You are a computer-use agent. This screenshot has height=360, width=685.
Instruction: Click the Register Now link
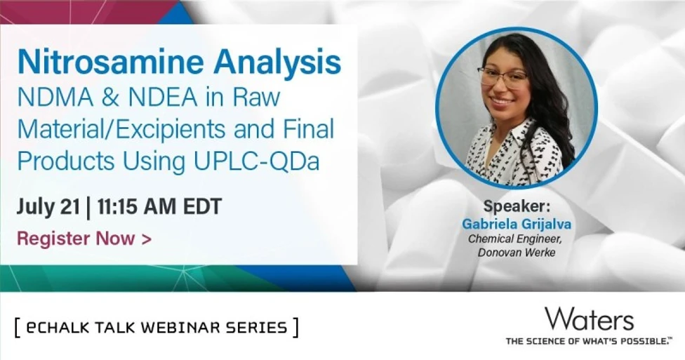(x=84, y=239)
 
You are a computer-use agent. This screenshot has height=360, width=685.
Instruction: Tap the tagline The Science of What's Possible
(x=588, y=341)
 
